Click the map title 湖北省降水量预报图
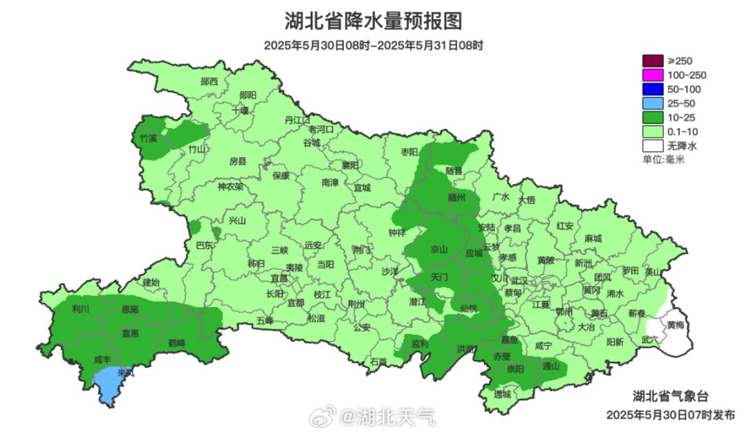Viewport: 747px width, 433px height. point(373,21)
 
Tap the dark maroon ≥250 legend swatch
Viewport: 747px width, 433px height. point(652,61)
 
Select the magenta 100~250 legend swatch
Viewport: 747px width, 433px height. point(652,75)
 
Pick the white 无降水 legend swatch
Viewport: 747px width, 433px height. point(652,146)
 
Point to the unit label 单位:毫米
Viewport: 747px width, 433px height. point(663,160)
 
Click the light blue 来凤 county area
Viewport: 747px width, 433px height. point(108,384)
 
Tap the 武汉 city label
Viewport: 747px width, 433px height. point(519,280)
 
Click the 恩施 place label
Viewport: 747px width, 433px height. point(130,308)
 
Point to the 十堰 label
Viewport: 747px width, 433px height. point(240,110)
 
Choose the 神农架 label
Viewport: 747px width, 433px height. point(230,186)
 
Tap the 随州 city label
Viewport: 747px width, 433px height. point(456,197)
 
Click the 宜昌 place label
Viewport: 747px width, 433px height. point(279,277)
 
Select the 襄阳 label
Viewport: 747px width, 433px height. point(350,165)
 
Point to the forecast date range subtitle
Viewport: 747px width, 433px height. point(373,46)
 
